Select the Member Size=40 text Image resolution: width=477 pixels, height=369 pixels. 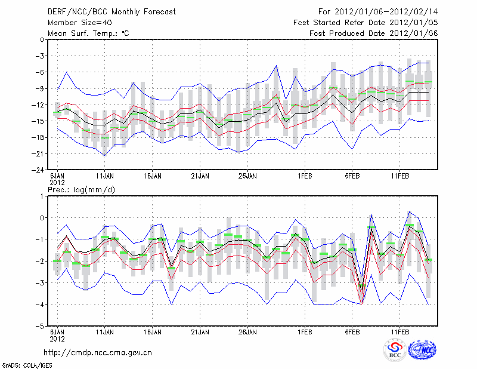click(75, 23)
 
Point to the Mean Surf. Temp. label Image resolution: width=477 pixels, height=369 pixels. click(88, 33)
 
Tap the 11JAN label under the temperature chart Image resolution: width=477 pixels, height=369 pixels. click(105, 177)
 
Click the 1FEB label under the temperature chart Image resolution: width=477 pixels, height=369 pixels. click(305, 177)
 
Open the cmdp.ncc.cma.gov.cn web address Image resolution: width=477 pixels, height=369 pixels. click(98, 352)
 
